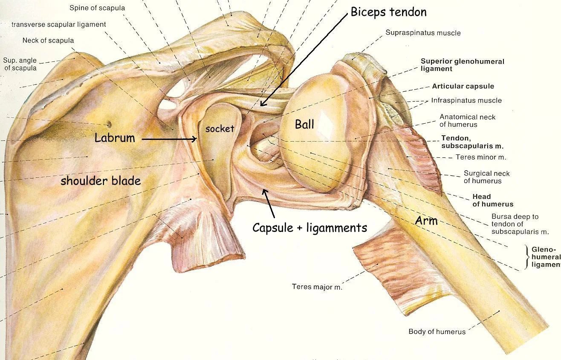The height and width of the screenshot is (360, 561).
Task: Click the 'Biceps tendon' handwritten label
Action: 388,12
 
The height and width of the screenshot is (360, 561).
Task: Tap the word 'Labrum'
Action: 115,138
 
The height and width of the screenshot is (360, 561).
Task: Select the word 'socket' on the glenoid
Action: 220,128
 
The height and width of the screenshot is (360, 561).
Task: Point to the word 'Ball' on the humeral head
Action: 304,124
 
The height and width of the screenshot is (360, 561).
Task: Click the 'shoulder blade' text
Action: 101,180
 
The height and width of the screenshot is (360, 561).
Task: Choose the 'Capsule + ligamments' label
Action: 309,228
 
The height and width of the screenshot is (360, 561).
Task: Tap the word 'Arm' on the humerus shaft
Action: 426,221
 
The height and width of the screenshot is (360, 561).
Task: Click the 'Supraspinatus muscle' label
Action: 423,33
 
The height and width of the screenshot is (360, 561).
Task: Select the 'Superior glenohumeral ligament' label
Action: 462,65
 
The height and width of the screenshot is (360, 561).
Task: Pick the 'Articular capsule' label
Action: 463,86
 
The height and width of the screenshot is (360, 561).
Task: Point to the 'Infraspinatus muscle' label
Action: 466,101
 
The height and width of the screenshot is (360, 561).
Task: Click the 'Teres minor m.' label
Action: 481,157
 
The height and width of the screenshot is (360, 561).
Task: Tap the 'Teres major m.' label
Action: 317,287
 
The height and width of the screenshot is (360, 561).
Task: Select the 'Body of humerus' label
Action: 437,331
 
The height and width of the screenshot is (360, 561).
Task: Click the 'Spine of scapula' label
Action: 97,8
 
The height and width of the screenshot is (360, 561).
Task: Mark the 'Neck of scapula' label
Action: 48,41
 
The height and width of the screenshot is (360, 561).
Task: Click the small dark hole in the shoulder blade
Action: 109,124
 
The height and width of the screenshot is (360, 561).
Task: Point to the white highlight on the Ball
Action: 327,122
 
